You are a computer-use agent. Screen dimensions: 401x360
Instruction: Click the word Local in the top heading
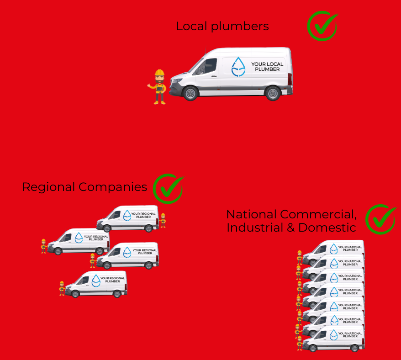[191, 26]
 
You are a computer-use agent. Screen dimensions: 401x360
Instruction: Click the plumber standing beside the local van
[158, 87]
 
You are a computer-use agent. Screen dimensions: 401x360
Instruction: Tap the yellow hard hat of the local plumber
[159, 72]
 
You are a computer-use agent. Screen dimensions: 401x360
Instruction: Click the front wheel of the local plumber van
[190, 93]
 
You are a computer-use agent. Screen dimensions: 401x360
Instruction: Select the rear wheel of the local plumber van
[273, 93]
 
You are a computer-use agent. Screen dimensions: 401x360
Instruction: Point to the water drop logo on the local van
[238, 67]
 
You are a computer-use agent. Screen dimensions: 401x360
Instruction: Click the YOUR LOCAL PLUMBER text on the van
[267, 67]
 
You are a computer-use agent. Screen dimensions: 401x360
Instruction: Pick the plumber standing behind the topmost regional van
[163, 220]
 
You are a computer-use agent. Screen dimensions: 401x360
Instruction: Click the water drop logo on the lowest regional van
[96, 281]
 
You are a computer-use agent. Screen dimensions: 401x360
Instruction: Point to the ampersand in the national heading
[291, 228]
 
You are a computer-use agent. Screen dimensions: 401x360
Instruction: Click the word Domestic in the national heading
[327, 228]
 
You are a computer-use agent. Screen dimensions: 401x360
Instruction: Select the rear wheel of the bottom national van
[354, 348]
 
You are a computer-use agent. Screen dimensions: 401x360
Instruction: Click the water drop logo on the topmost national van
[333, 249]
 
